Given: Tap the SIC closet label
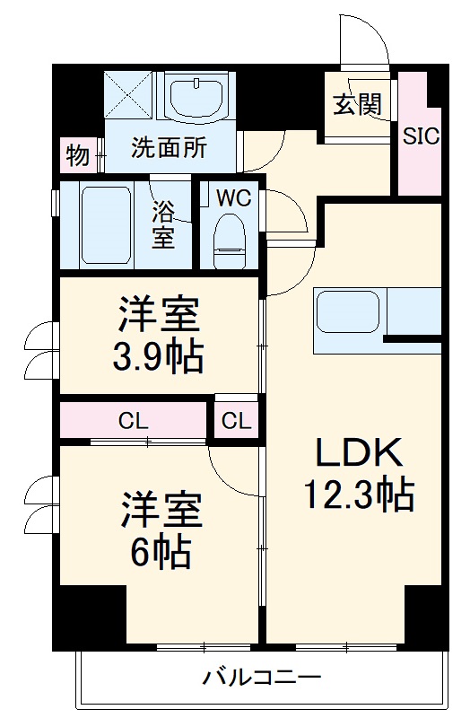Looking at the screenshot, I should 420,136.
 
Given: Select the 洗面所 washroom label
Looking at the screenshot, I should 169,147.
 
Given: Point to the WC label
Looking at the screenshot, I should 232,195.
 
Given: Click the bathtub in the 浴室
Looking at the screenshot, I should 107,224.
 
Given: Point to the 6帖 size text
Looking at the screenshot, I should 161,551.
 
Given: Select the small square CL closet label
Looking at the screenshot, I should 238,420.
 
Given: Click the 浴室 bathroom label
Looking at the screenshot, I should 162,224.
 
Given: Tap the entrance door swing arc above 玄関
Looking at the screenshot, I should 363,40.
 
